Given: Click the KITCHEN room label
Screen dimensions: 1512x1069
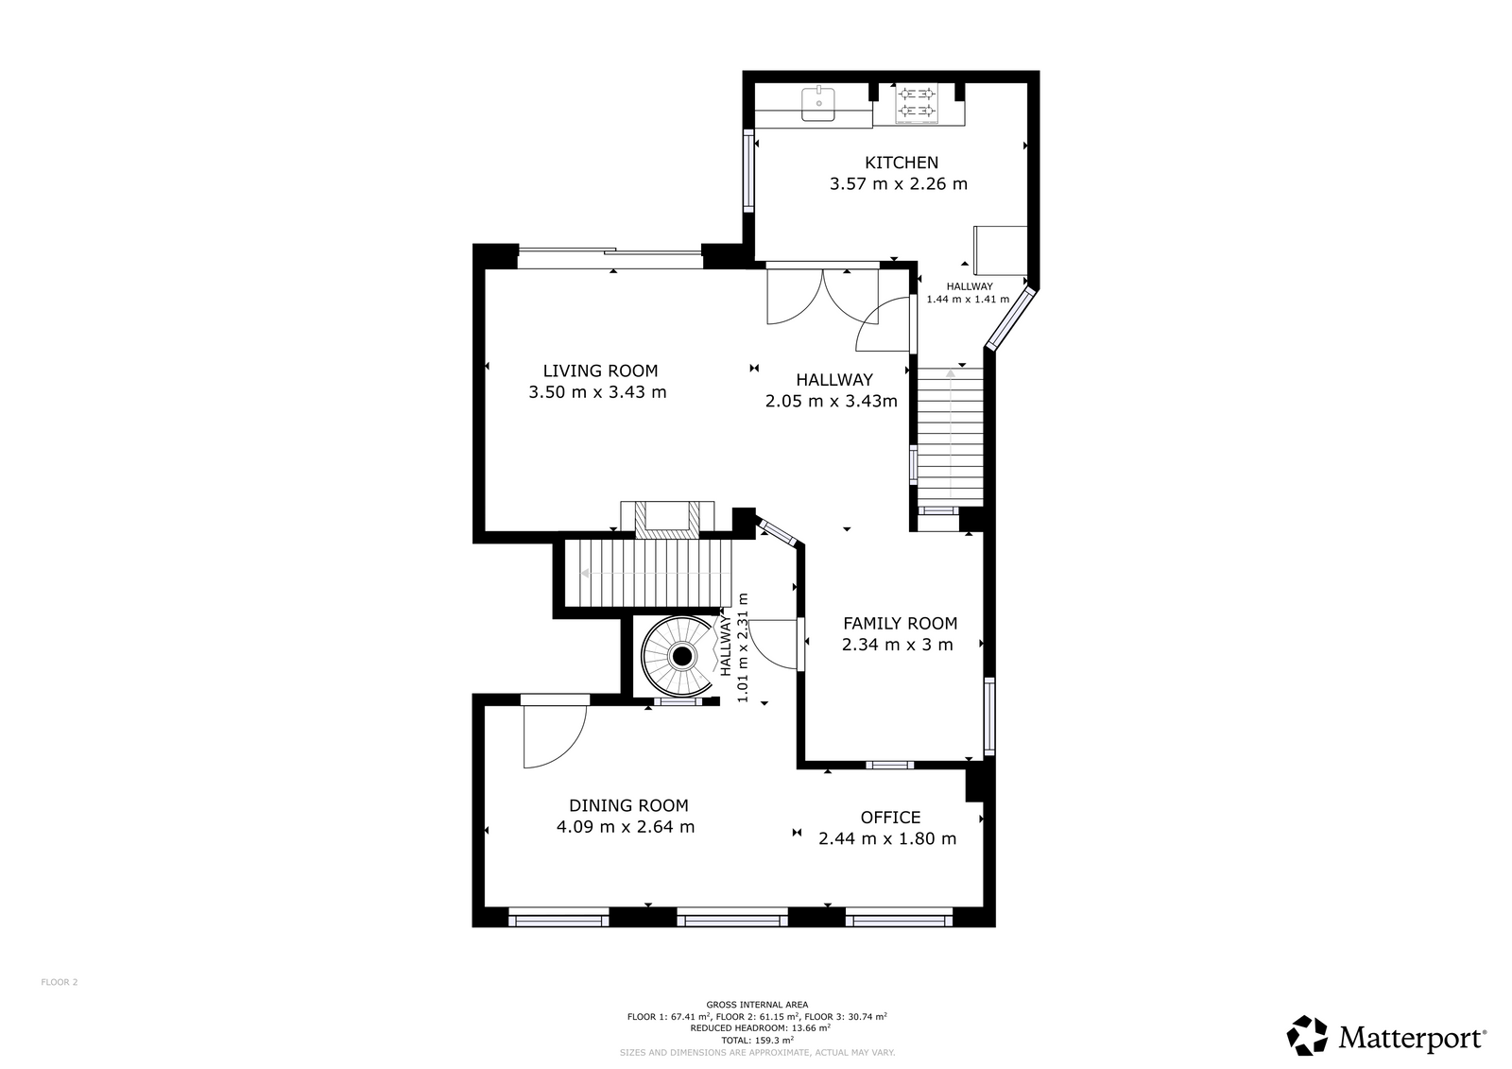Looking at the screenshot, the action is tap(902, 163).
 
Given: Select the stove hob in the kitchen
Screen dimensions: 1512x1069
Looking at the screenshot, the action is tap(917, 104).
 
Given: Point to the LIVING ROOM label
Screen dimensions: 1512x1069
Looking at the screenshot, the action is tap(600, 371).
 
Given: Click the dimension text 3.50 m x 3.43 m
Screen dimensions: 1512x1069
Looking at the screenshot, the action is tap(597, 392).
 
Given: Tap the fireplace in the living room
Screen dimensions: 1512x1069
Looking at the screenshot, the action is tap(667, 519).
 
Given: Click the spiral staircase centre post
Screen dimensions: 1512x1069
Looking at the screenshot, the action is tap(682, 656).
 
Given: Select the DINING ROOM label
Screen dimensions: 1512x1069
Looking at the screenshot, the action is tap(628, 805).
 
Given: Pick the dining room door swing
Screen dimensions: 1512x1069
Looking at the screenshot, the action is tap(554, 736).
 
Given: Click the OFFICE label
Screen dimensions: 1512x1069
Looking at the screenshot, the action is tap(890, 818).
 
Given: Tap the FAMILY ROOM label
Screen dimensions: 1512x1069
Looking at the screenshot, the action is tap(900, 623).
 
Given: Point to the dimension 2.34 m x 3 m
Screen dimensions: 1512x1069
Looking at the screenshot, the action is tap(897, 645).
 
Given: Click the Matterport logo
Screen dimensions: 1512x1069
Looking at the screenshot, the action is tap(1385, 1035).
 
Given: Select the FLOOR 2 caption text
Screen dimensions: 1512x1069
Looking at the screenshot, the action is tap(60, 982).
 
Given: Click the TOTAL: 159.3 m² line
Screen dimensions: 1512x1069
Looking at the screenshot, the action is tap(757, 1040).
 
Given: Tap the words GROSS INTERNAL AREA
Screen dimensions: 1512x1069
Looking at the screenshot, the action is tap(757, 1005).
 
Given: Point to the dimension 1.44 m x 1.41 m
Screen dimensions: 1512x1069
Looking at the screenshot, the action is tap(968, 300).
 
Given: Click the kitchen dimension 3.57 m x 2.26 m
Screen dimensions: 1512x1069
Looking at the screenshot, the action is tap(899, 183).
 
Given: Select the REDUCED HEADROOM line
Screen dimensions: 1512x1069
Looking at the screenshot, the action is tap(760, 1027).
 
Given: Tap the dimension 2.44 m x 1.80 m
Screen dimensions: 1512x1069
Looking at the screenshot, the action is tap(887, 838).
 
